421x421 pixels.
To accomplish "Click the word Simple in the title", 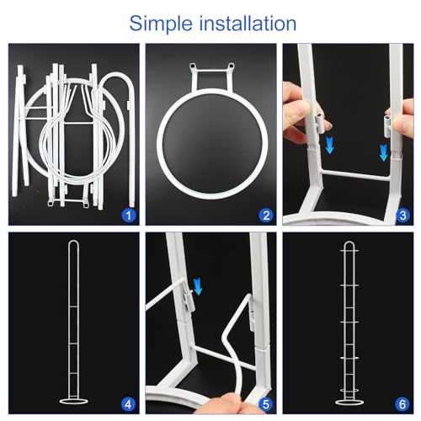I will coord(162,22).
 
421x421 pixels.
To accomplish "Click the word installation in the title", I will coord(245,22).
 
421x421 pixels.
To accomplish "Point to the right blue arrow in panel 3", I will coord(384,152).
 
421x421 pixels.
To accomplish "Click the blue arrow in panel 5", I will coord(199,288).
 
